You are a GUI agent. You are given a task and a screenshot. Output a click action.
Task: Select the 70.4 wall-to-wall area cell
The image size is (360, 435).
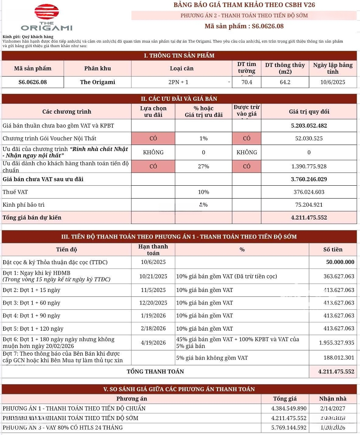click(246, 82)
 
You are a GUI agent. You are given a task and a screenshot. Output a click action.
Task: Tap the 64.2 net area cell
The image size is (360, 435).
click(285, 82)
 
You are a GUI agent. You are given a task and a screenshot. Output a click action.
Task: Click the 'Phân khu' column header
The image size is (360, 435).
click(97, 68)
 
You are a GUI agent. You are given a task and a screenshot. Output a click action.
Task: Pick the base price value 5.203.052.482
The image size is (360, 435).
click(309, 126)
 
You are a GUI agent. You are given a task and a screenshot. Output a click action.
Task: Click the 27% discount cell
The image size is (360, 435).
click(203, 166)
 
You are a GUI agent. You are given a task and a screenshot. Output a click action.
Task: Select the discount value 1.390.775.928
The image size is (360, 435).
click(309, 166)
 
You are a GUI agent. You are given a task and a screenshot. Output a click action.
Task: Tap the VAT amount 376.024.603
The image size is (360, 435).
click(309, 192)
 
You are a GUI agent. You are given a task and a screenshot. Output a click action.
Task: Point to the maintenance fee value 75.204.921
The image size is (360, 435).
click(309, 205)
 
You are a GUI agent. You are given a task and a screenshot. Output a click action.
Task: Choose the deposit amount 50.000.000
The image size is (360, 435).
click(340, 262)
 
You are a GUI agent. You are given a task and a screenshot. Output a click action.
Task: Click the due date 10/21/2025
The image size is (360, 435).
click(153, 277)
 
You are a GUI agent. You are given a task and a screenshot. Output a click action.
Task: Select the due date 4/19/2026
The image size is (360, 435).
click(153, 343)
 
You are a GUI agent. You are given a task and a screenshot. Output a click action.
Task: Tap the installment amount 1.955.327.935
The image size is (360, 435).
click(336, 343)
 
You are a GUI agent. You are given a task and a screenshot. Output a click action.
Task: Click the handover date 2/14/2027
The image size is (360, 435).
click(333, 408)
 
